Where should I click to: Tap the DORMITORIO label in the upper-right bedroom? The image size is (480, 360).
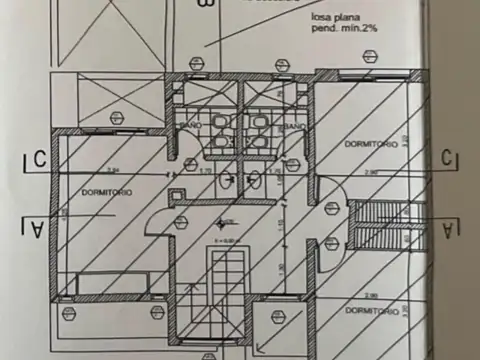click(x=372, y=144)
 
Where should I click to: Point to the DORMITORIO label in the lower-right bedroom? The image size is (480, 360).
click(x=372, y=311)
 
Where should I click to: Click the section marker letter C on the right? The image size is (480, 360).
click(x=449, y=157)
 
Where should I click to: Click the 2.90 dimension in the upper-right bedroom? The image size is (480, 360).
click(x=370, y=172)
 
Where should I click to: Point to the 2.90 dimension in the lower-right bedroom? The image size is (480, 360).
click(x=370, y=295)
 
